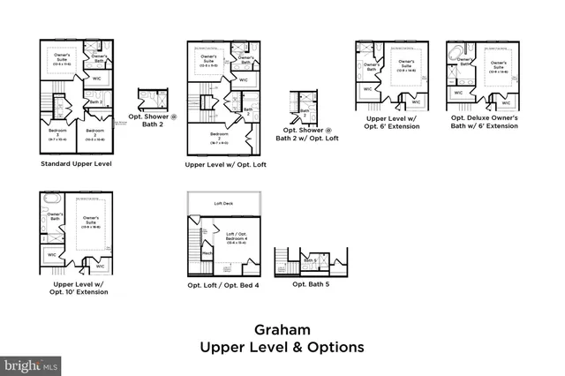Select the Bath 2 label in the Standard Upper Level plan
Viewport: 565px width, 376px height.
click(x=96, y=102)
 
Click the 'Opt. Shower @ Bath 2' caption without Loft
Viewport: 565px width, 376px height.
click(x=155, y=120)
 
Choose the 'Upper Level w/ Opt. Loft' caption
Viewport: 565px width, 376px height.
click(x=222, y=164)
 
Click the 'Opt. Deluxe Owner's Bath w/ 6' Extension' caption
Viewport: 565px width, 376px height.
click(x=485, y=122)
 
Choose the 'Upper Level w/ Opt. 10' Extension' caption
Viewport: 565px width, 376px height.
click(x=80, y=288)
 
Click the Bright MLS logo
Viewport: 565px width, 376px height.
click(x=32, y=364)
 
